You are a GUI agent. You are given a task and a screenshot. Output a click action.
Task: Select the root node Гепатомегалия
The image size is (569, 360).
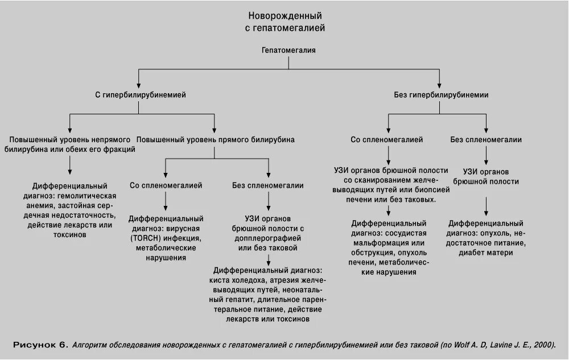tap(288, 50)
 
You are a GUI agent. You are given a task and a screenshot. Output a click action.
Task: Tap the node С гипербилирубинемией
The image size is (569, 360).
tap(140, 95)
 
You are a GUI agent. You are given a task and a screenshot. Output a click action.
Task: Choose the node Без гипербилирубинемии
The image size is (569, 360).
tap(441, 95)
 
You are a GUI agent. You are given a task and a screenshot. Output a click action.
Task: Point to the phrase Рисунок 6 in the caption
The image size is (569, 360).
tap(40, 345)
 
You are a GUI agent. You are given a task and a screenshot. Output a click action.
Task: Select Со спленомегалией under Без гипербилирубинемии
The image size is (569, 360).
tap(386, 139)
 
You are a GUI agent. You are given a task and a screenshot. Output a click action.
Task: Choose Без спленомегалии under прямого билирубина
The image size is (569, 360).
tap(267, 185)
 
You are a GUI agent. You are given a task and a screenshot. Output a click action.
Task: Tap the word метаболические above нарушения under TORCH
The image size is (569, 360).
tap(166, 248)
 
